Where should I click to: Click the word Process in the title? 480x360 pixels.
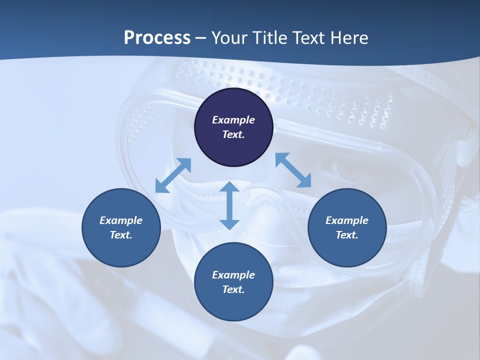pyautogui.click(x=157, y=38)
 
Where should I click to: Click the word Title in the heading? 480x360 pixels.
pyautogui.click(x=267, y=38)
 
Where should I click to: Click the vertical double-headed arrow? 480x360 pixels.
pyautogui.click(x=229, y=206)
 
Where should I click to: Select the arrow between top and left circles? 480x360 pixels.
pyautogui.click(x=173, y=175)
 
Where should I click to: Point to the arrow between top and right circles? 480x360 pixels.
pyautogui.click(x=293, y=170)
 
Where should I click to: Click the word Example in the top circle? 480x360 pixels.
pyautogui.click(x=233, y=120)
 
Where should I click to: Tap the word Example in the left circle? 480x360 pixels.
pyautogui.click(x=121, y=220)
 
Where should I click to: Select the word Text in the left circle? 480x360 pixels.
pyautogui.click(x=120, y=235)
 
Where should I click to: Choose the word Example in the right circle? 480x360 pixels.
pyautogui.click(x=347, y=220)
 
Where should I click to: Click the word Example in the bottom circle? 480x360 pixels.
pyautogui.click(x=233, y=275)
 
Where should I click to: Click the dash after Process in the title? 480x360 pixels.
pyautogui.click(x=201, y=38)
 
